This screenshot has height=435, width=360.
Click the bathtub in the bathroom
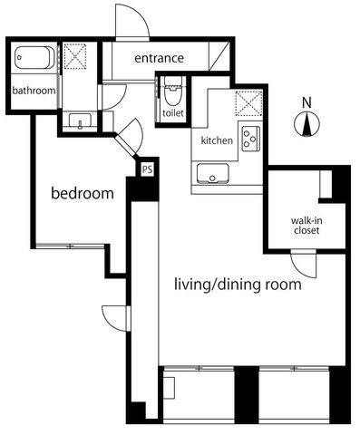[34, 58]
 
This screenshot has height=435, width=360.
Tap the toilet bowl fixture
[173, 91]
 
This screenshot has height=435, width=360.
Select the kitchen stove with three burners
[251, 139]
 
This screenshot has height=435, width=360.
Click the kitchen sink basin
[212, 174]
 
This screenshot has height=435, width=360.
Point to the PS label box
[148, 169]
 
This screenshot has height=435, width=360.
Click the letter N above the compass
[306, 103]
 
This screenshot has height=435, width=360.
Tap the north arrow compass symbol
[307, 124]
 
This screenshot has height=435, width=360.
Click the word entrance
[159, 58]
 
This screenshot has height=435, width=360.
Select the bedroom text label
[83, 193]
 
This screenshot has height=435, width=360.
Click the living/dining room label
[238, 285]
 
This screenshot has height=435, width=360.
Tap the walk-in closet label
[306, 226]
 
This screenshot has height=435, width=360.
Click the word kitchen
[217, 140]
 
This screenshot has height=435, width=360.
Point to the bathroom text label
[34, 91]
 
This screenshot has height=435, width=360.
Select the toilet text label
[173, 113]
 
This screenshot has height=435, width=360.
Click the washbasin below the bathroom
[80, 121]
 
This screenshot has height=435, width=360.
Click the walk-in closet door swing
[304, 266]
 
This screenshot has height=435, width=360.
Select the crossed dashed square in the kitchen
[248, 103]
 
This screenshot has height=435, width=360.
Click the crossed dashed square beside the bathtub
[75, 56]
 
